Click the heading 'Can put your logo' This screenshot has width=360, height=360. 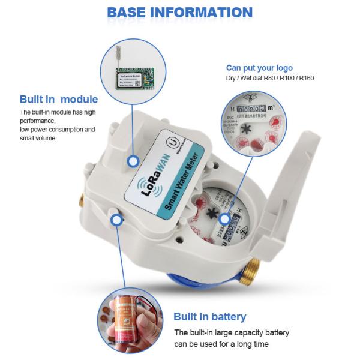(259, 68)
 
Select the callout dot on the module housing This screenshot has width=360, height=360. (133, 161)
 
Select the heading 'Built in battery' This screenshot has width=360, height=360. (209, 317)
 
